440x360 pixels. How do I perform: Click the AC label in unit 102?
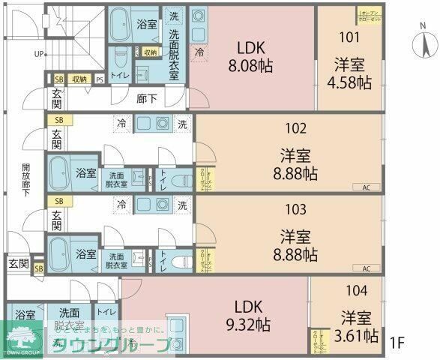click(367, 187)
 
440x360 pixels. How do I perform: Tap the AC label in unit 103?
click(367, 268)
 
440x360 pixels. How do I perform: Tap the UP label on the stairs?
click(38, 54)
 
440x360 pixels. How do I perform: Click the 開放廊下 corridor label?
click(25, 179)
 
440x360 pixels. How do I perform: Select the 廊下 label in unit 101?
click(147, 97)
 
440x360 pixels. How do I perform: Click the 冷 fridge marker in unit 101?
click(199, 52)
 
